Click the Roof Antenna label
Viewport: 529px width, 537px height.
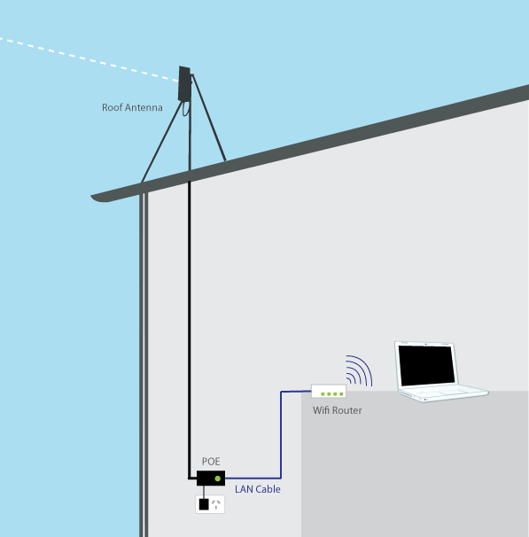point(132,107)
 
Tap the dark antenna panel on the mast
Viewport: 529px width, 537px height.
point(184,84)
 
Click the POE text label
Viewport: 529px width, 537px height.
point(211,462)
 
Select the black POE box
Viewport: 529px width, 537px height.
point(211,479)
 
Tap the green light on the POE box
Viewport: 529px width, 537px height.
point(217,479)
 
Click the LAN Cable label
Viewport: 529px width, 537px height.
point(258,489)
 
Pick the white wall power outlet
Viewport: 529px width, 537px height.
point(210,504)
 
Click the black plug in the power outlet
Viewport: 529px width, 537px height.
point(204,504)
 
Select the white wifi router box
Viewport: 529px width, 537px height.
point(329,391)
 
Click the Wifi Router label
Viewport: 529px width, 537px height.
point(338,410)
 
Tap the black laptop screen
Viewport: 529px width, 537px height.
point(426,365)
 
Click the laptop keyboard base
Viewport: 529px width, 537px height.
point(444,393)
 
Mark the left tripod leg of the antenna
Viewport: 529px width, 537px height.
point(161,142)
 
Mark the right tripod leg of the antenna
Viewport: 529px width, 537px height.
point(209,118)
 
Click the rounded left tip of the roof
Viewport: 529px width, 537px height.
point(92,197)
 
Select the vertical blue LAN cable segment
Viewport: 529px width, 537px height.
point(281,434)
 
